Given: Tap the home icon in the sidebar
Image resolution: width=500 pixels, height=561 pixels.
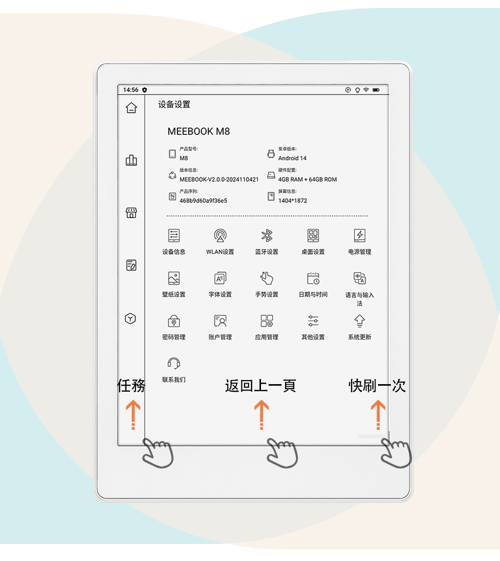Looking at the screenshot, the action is click(131, 108).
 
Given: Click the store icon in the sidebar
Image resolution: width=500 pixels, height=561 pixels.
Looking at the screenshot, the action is click(131, 213).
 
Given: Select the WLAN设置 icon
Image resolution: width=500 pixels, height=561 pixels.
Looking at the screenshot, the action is click(220, 235).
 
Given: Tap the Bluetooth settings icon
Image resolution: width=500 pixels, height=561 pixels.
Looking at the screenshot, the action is click(267, 235).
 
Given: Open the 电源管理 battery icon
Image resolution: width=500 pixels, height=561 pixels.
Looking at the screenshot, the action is click(359, 235).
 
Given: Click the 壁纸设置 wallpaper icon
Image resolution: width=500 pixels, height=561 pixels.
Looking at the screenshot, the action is click(173, 278).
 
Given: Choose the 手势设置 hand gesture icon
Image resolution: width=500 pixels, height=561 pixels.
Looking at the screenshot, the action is click(267, 278).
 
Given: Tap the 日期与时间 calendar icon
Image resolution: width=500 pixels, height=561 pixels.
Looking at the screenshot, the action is click(313, 278).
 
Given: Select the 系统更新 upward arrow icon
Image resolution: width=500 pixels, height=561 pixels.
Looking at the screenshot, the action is click(359, 321).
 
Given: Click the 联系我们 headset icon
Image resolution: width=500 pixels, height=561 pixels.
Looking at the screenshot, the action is click(173, 363).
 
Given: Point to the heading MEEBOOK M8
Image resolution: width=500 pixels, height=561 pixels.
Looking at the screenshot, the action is click(199, 131).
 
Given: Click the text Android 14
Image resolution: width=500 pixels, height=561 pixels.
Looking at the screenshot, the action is click(292, 158).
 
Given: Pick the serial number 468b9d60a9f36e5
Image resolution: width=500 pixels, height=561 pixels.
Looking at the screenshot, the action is click(203, 201).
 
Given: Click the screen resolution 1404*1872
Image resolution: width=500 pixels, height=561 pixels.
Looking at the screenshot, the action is click(292, 201).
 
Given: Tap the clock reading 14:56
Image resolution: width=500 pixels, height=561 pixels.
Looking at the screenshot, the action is click(130, 90).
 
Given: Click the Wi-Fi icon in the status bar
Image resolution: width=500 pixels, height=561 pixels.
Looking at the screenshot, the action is click(366, 90).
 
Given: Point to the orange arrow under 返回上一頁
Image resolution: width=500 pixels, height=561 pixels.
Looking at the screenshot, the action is click(261, 415).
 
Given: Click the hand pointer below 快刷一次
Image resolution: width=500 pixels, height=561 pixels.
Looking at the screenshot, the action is click(396, 453).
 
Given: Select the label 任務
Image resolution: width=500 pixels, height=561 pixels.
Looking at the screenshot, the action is click(131, 386).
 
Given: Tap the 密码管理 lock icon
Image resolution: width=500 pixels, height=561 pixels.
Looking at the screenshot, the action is click(173, 321).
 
